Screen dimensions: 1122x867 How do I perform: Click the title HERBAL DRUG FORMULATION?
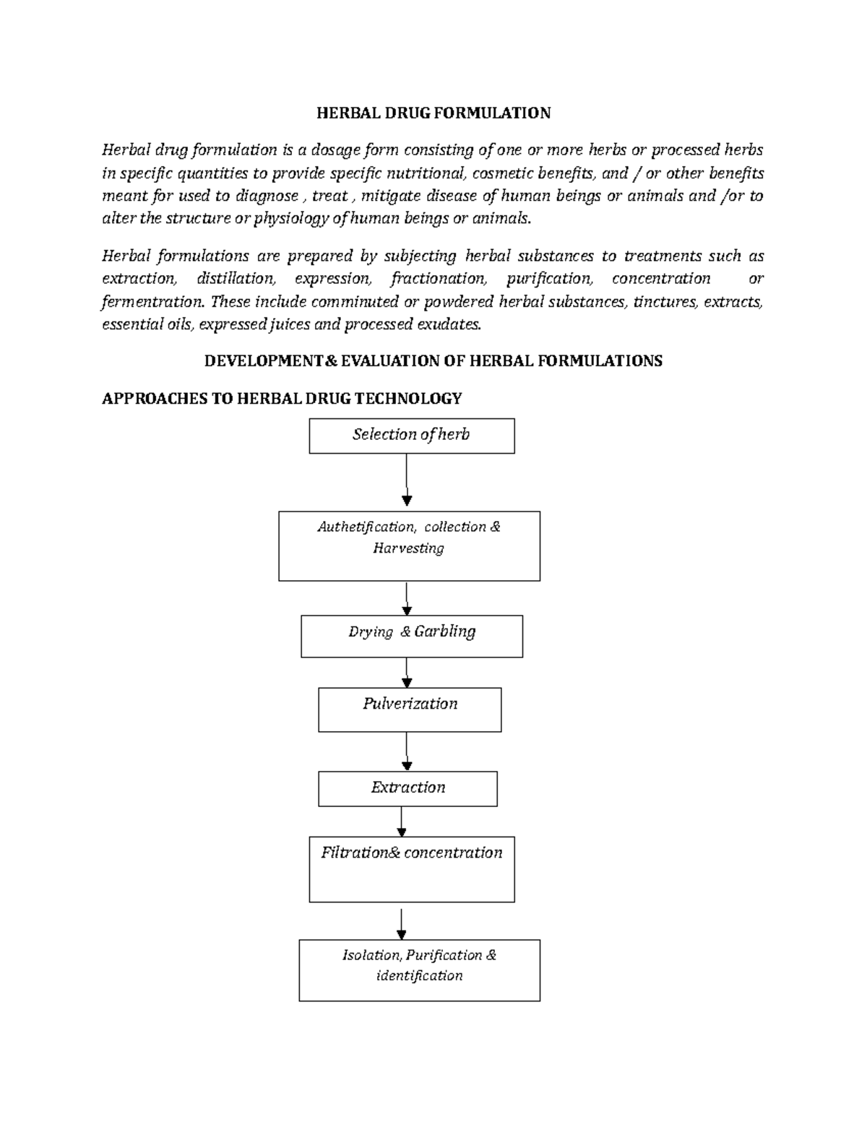(x=433, y=113)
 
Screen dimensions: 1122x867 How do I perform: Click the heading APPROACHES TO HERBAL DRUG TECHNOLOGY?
(x=282, y=399)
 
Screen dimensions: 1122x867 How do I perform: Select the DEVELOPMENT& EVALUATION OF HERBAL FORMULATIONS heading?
(x=433, y=361)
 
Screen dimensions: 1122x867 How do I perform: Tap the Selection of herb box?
(x=411, y=436)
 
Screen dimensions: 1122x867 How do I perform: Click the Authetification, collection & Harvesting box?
(x=409, y=545)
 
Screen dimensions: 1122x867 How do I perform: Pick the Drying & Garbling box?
(x=411, y=636)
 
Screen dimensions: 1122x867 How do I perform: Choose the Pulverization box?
(x=410, y=709)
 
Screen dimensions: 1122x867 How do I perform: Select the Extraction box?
(x=407, y=788)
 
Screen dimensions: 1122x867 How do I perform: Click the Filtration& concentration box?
(x=411, y=869)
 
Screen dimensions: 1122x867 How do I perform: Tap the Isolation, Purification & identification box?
(x=419, y=970)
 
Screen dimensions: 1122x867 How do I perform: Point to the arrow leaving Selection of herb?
(x=407, y=481)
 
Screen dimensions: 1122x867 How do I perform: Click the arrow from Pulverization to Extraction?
(x=407, y=751)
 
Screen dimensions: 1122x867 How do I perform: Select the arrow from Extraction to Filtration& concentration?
(x=402, y=821)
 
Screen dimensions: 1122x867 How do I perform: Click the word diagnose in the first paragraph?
(x=267, y=197)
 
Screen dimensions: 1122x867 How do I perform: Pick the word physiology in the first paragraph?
(x=288, y=219)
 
